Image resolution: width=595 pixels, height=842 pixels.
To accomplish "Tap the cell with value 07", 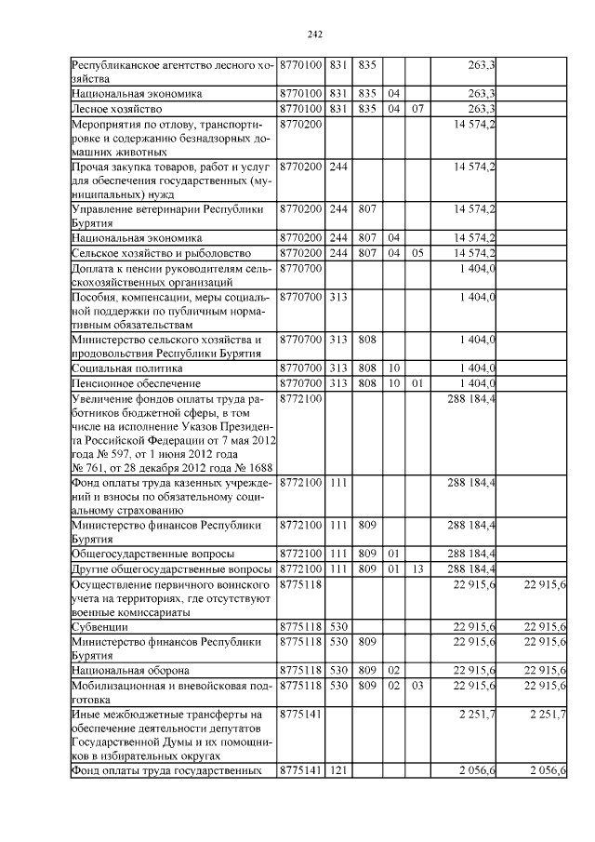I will coord(417,108).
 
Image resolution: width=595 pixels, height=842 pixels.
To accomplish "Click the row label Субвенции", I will coord(98,626).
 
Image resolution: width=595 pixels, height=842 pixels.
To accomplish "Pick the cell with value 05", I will coord(417,253).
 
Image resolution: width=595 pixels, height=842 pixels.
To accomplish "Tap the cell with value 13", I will coord(417,568).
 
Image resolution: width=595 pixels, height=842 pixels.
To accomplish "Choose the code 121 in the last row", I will coord(338,771).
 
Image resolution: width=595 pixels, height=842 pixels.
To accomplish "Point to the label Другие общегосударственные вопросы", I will coord(171,568).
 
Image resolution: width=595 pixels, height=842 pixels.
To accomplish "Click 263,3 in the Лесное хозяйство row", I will coord(481,108).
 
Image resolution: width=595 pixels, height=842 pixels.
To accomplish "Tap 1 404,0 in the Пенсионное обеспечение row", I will coord(477,382).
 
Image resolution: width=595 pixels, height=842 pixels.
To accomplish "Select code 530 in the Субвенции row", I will coord(338,626).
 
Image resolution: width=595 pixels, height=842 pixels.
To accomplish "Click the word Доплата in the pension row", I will coord(97,267).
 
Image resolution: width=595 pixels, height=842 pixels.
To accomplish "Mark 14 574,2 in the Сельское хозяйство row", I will coord(473,253).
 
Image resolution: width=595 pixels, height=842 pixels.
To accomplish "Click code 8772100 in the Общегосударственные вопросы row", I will coord(300,554).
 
